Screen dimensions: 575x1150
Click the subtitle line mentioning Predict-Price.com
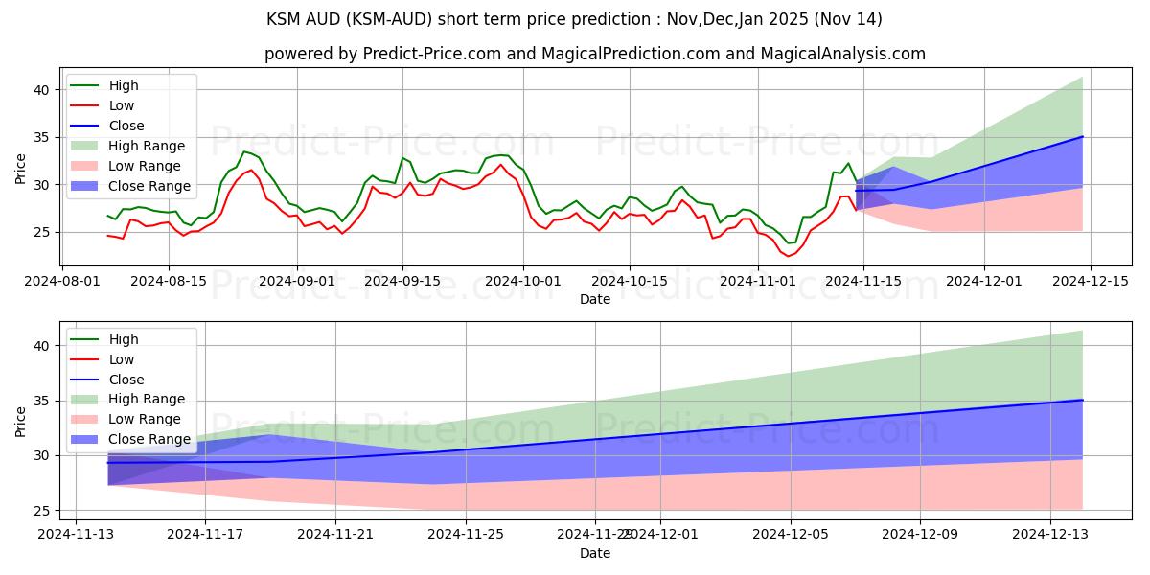(x=595, y=54)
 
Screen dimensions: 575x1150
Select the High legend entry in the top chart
(x=124, y=85)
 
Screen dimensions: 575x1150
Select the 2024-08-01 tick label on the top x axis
(x=63, y=281)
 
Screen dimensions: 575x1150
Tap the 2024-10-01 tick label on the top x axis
(x=523, y=281)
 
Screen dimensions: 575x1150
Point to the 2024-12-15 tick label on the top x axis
(x=1091, y=281)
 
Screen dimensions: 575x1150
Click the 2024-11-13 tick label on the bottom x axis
(x=74, y=535)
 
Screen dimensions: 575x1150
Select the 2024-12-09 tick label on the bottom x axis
(x=920, y=535)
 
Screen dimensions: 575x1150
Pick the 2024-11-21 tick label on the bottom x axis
(x=335, y=535)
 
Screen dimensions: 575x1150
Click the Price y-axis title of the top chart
(x=21, y=168)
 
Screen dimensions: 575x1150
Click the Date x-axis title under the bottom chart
(x=595, y=553)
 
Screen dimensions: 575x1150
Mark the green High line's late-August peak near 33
(x=244, y=151)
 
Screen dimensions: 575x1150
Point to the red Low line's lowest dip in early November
(x=788, y=256)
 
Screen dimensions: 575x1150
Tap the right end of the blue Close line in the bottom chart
(x=1082, y=400)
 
